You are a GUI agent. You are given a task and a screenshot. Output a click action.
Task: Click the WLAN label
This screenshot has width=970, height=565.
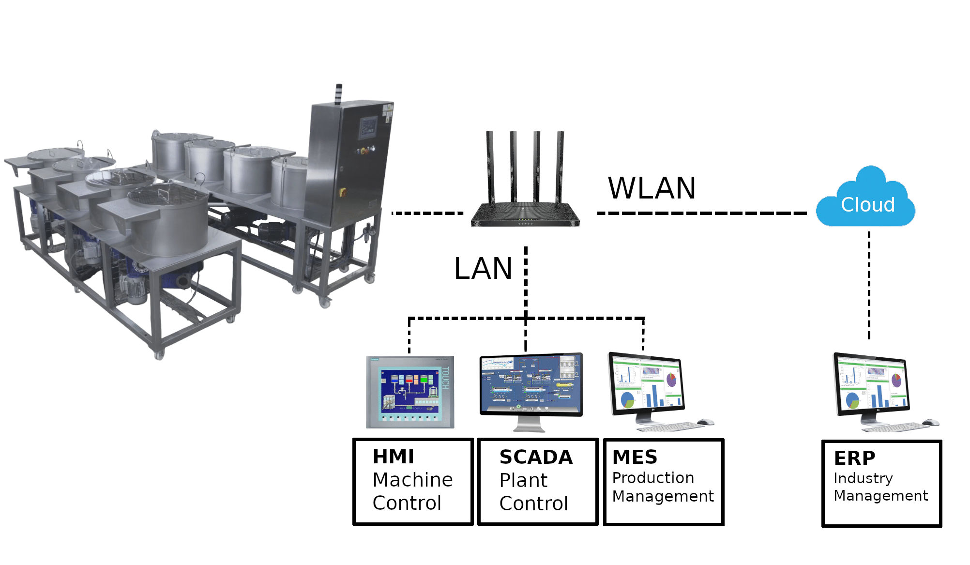click(652, 188)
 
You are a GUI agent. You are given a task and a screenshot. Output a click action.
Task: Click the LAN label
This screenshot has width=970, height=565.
click(483, 269)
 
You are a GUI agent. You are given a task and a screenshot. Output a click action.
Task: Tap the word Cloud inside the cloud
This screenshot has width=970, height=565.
click(867, 205)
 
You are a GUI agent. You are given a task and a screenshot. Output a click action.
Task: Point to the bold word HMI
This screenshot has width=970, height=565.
click(393, 457)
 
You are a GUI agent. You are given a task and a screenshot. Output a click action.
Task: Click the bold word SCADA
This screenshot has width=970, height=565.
click(536, 457)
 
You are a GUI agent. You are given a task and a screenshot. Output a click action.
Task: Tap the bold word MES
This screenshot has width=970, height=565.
click(635, 457)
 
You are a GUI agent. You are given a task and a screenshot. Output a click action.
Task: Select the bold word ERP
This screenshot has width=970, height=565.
click(854, 458)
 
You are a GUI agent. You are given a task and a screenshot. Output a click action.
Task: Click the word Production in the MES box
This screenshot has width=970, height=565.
click(653, 478)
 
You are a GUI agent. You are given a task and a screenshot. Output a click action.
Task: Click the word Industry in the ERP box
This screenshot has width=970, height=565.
click(863, 478)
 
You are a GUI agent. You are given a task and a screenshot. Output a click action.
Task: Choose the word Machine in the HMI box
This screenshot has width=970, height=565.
click(412, 480)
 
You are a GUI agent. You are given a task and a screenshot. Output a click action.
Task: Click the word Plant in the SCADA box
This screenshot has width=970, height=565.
click(523, 480)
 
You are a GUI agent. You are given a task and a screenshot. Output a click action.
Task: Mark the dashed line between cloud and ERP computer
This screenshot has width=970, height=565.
click(869, 286)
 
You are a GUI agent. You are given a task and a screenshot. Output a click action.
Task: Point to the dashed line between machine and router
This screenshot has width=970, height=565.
click(427, 213)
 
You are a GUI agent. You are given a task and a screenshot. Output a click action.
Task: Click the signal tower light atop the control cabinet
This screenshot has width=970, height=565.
click(339, 93)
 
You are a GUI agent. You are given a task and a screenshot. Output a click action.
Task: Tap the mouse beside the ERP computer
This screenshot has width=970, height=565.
click(930, 423)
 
